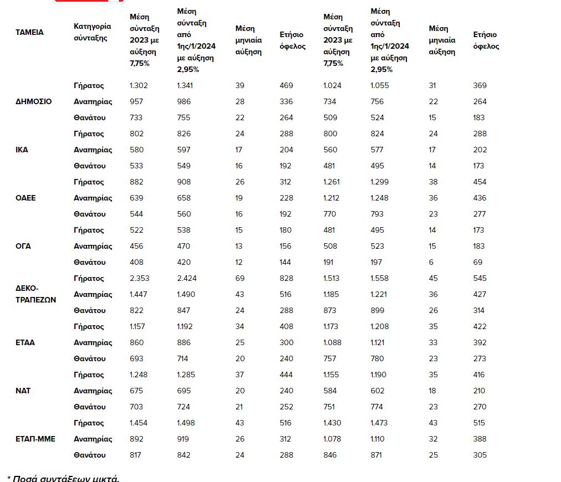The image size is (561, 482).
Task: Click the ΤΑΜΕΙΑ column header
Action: (29, 32)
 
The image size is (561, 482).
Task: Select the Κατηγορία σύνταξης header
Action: (93, 32)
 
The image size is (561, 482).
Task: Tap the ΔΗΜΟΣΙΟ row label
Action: (34, 101)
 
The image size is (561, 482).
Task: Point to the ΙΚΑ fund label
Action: (22, 150)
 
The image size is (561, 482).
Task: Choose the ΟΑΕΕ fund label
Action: (25, 198)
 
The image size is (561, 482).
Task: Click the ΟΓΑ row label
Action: (23, 246)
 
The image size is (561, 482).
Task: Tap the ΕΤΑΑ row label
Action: (25, 342)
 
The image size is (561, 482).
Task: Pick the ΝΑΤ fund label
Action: (23, 391)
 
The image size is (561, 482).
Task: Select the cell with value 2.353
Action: (140, 278)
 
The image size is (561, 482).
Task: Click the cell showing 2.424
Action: (187, 278)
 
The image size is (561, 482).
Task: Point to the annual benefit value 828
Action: (287, 278)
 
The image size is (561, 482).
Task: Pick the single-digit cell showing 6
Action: (431, 262)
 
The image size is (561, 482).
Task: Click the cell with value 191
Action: (330, 262)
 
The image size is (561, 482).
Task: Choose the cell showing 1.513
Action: (333, 278)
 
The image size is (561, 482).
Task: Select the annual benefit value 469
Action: (287, 85)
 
